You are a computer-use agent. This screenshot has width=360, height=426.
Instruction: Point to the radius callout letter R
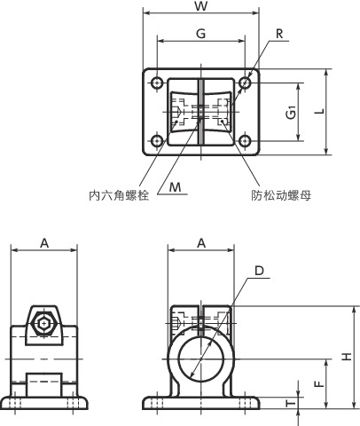278,35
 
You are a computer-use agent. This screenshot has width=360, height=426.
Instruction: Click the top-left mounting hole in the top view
157,83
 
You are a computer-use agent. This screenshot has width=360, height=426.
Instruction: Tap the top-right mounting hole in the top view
245,83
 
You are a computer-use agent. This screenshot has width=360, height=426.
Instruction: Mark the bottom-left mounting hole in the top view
157,141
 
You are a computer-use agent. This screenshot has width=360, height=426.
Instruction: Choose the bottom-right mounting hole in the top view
245,141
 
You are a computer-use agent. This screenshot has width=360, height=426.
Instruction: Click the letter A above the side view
44,243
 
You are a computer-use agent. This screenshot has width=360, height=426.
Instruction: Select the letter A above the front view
201,243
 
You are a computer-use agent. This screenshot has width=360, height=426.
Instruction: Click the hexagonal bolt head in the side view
44,322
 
